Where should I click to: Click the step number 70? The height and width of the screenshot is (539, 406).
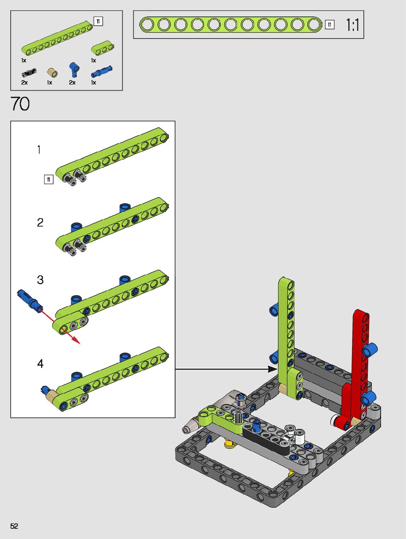point(20,104)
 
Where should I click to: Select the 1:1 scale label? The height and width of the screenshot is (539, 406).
point(352,25)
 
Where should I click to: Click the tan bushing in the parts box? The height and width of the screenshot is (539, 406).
point(52,73)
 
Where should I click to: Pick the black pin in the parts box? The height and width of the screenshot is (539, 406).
point(29,73)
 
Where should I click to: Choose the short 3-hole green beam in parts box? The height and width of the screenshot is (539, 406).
point(102,48)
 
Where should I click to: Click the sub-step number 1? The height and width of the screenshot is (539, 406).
point(39,149)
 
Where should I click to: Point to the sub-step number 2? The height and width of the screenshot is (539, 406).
point(40,223)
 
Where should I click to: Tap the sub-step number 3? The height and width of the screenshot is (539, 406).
point(40,280)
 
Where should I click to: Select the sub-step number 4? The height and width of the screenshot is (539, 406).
point(40,363)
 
